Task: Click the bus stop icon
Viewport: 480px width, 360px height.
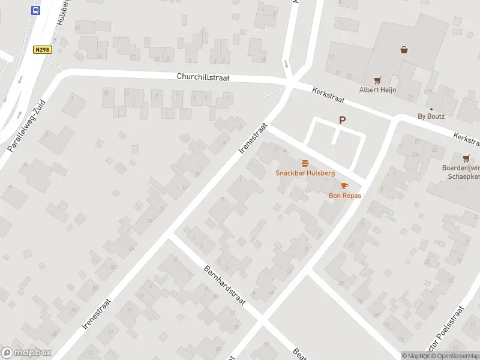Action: pos(36,10)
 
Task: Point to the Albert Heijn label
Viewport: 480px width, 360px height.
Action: pos(377,90)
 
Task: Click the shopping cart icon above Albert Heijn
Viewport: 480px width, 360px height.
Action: pos(377,79)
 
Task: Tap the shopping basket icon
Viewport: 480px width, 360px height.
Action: pos(404,50)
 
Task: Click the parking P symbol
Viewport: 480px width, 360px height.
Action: pos(342,120)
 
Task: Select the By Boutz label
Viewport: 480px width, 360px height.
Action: pos(431,116)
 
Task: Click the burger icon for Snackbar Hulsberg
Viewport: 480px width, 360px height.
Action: pos(305,163)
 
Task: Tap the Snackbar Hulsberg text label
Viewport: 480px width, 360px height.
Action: pos(305,173)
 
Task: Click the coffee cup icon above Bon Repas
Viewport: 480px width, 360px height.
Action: pos(344,185)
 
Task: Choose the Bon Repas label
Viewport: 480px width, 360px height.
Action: pos(344,195)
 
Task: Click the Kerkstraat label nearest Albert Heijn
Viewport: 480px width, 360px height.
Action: pos(329,98)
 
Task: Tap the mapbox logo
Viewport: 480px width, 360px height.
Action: pos(26,353)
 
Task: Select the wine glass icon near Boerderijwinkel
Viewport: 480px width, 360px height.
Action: pos(466,158)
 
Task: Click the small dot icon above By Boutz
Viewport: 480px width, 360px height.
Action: pos(431,109)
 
